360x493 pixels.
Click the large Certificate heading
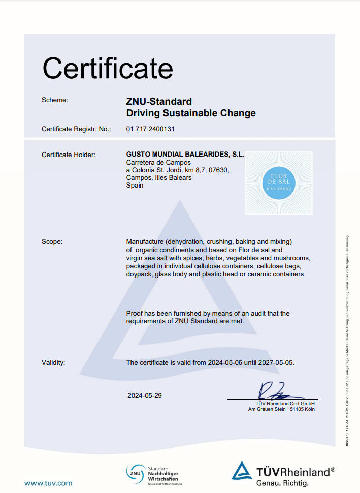coord(108,68)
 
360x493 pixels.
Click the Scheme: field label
coord(54,100)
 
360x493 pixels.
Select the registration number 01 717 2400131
coord(150,129)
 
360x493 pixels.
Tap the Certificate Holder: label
coord(69,155)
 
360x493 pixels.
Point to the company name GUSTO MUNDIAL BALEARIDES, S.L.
coord(185,154)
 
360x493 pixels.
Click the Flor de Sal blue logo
coord(279,183)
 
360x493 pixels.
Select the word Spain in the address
coord(135,186)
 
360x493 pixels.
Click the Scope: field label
coord(52,242)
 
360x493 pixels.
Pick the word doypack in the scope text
coord(139,274)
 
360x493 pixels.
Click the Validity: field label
coord(53,363)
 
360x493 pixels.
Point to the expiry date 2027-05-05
coord(276,363)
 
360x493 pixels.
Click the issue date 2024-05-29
coord(145,395)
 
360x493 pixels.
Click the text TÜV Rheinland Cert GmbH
coord(285,403)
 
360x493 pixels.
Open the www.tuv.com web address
coord(48,483)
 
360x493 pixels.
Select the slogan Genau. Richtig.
coord(285,483)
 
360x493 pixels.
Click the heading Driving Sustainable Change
coord(191,113)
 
